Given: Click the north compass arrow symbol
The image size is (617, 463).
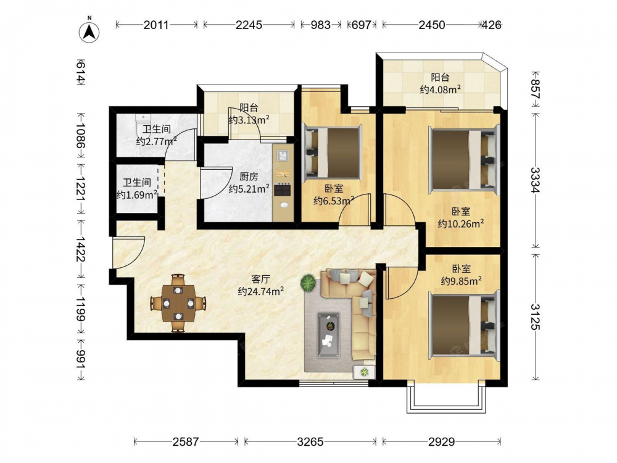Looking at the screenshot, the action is [x=89, y=31].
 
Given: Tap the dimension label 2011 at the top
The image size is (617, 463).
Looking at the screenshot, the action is [x=156, y=25].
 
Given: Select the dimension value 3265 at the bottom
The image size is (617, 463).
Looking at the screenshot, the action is [x=310, y=442].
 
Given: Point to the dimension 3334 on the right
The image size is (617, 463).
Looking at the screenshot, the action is [x=535, y=180].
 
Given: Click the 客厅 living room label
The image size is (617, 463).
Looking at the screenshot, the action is [x=260, y=279].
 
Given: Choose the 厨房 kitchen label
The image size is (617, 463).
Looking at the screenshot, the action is [x=249, y=177].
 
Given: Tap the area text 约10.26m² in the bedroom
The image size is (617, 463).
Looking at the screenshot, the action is [x=461, y=224].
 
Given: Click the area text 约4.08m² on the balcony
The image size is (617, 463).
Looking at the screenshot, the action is [x=441, y=90].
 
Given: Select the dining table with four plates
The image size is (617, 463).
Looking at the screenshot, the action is [x=178, y=303].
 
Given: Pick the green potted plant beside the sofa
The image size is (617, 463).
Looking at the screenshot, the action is [x=308, y=283].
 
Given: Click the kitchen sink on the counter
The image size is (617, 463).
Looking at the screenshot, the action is [x=283, y=155].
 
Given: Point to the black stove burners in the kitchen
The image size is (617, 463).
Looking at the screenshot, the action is [x=282, y=190].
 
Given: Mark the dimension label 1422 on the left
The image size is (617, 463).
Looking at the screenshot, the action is [x=81, y=249].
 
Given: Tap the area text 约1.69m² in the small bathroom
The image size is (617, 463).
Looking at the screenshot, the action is [x=137, y=195].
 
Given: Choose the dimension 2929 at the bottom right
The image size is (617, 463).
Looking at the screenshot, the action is [x=442, y=442].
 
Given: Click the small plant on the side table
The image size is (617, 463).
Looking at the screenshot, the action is [x=365, y=371].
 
